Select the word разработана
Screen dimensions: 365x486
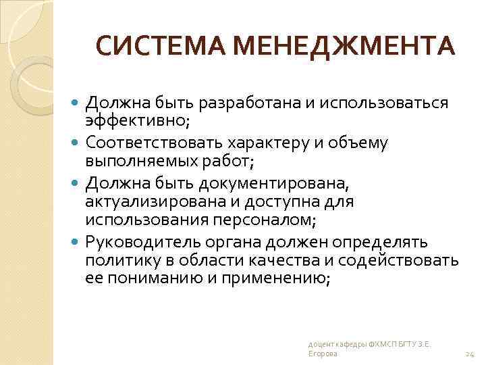[x=238, y=103]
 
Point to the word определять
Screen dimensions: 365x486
[x=382, y=242]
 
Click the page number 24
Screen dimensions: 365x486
[x=470, y=354]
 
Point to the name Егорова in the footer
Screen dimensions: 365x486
[x=321, y=354]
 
